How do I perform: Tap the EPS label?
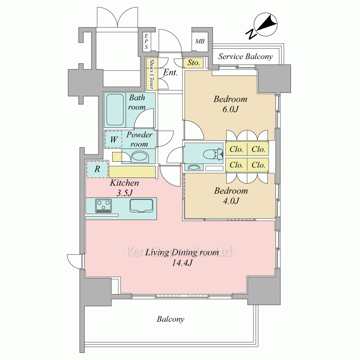146,41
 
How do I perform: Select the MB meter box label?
200,41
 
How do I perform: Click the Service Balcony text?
246,56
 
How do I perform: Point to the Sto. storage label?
194,63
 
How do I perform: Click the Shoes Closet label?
152,74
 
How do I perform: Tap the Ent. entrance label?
171,73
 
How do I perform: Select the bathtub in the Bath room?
115,110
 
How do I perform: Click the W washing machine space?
113,139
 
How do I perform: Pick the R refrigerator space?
97,169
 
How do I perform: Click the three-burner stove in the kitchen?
103,206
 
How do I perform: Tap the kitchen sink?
141,206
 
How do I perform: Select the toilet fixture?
213,154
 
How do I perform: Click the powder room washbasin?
140,157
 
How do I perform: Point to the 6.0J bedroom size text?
230,109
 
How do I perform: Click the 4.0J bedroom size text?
231,201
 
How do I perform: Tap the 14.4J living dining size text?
182,263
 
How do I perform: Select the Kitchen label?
125,183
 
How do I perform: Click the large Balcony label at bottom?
171,319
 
